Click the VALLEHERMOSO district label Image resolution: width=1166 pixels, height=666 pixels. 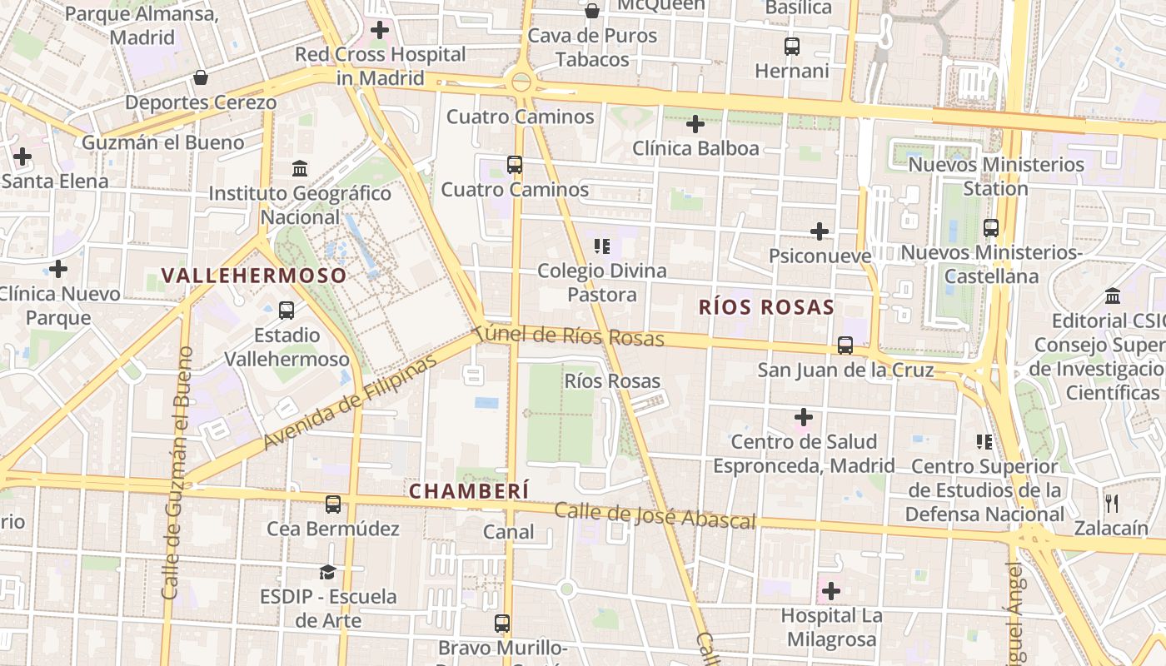tap(253, 276)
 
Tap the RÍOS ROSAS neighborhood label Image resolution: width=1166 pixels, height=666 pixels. tap(766, 306)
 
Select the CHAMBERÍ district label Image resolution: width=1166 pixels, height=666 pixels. tap(469, 491)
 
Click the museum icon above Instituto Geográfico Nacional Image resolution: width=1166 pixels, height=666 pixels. tap(300, 169)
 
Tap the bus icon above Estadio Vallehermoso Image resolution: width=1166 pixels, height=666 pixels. tap(287, 311)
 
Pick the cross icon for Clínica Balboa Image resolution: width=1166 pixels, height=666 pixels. tap(695, 125)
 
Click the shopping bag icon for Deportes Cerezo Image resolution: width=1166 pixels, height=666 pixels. tap(201, 78)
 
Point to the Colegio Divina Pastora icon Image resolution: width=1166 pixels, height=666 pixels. tap(602, 246)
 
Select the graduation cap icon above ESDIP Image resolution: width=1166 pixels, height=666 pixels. tap(327, 572)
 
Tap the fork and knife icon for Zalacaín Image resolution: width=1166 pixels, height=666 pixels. tap(1112, 503)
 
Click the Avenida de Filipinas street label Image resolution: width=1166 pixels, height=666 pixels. tap(350, 403)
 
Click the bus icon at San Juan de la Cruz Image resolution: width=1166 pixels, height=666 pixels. tap(845, 345)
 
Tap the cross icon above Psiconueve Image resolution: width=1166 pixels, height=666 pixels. tap(820, 231)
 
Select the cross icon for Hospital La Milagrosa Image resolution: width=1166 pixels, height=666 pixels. tap(830, 591)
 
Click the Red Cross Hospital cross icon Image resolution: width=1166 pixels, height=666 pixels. tap(380, 31)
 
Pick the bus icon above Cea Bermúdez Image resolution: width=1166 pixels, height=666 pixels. tap(333, 504)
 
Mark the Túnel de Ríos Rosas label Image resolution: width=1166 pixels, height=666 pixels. tap(574, 335)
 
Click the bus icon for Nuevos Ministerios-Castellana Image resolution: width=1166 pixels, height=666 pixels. tap(991, 227)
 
